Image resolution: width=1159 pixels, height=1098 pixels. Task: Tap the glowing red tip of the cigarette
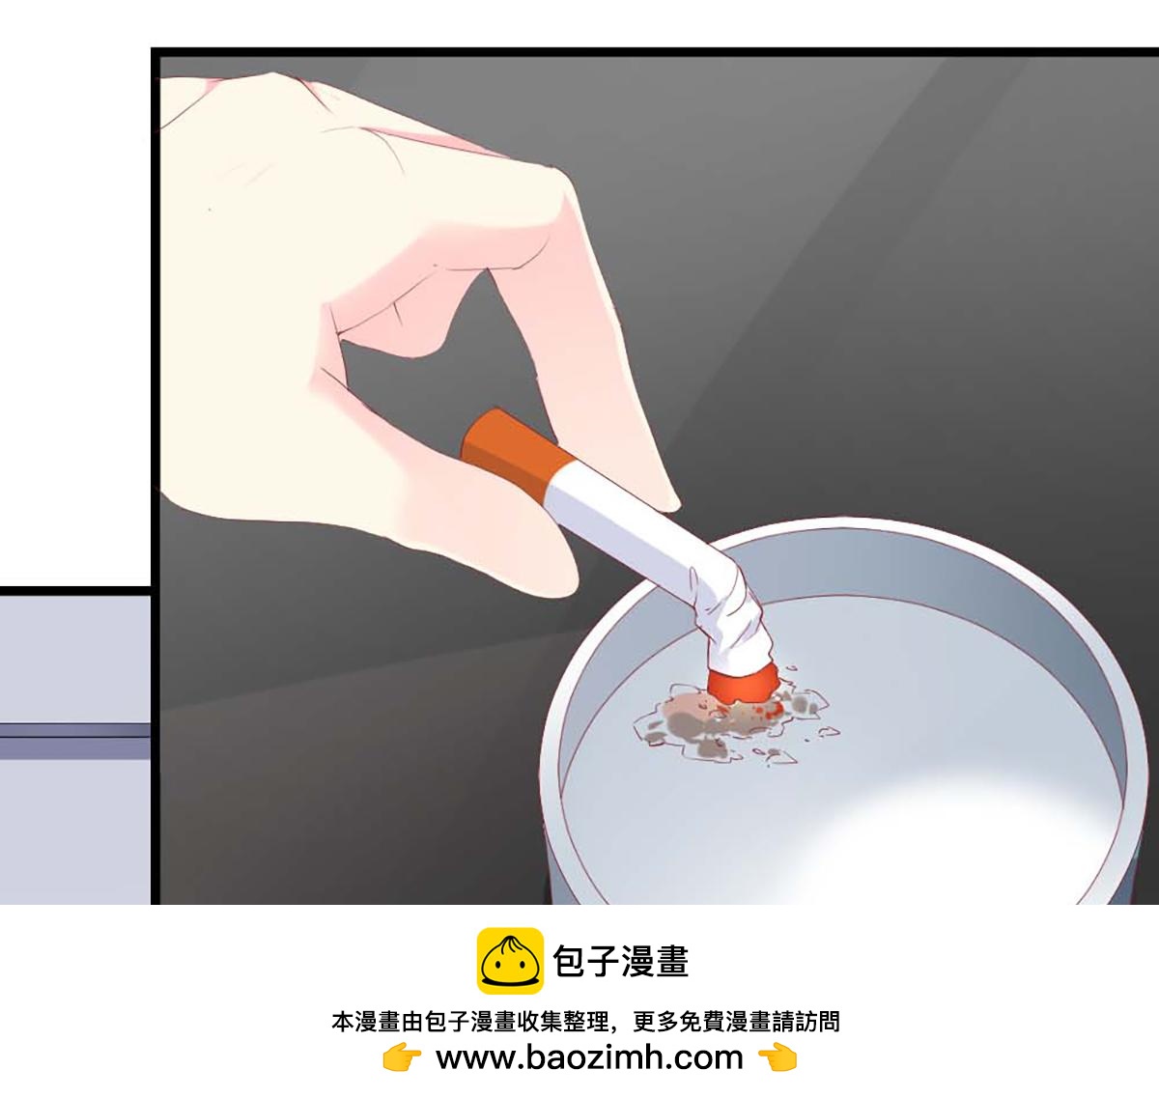point(744,684)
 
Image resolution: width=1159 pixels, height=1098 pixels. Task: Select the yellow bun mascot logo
point(510,961)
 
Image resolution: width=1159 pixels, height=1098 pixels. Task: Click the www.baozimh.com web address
point(589,1057)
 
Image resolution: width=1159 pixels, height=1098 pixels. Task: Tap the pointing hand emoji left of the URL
point(402,1057)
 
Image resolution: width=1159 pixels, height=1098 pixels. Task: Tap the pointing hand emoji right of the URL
point(777,1057)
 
